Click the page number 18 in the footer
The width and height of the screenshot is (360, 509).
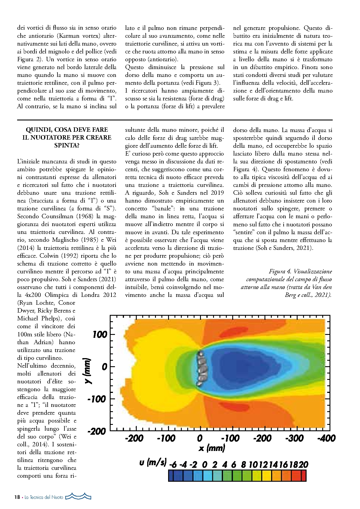pos(17,497)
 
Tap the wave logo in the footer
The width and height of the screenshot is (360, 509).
pos(78,496)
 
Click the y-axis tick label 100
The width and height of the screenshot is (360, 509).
pos(100,335)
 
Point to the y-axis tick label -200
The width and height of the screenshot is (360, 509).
pos(97,431)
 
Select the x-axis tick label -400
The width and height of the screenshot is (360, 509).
pos(326,438)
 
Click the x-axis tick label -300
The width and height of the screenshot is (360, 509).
pos(294,438)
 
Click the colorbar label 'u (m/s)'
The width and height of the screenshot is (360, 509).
pos(153,462)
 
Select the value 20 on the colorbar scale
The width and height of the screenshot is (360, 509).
pos(303,465)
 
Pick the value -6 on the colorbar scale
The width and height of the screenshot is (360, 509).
pos(173,465)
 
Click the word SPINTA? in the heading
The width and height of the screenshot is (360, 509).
pos(67,145)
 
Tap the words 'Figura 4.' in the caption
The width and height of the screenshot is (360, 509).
pos(280,272)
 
